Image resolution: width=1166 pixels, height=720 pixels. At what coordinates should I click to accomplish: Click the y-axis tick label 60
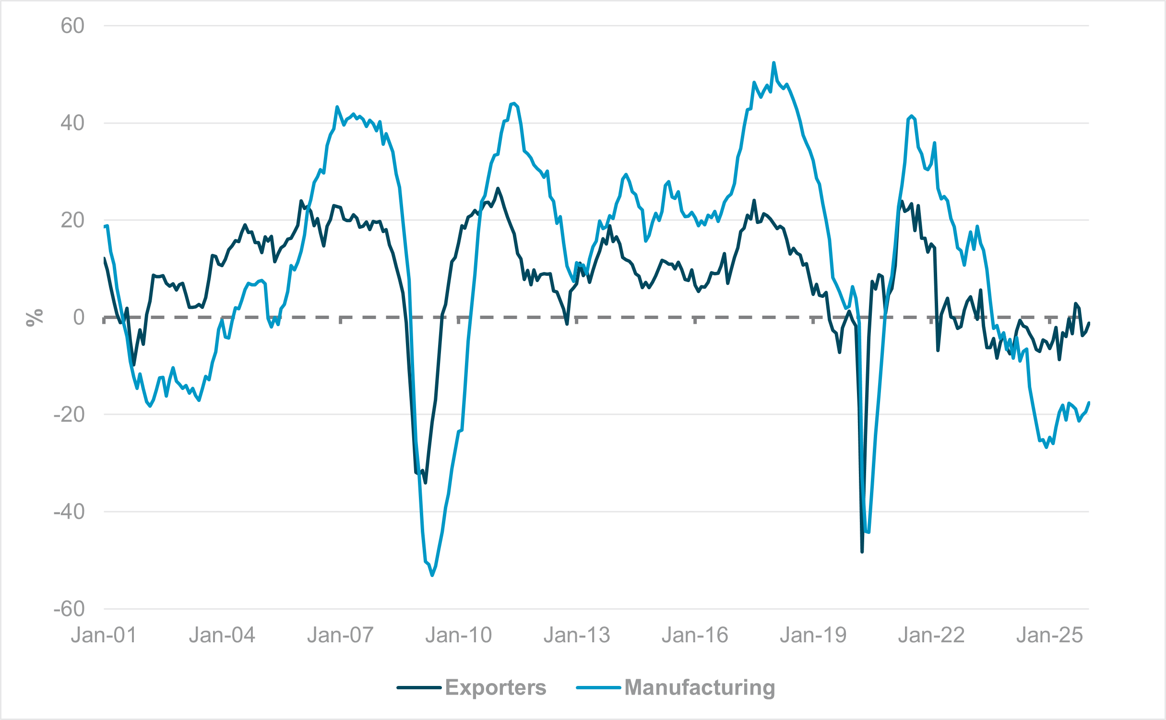click(72, 26)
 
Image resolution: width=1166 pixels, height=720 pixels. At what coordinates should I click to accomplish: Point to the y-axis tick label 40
click(72, 123)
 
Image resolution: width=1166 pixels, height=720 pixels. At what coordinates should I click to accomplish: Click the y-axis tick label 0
click(79, 318)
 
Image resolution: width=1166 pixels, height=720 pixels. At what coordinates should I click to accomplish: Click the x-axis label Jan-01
click(104, 636)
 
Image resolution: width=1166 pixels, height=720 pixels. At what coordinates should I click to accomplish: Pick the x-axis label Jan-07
click(340, 636)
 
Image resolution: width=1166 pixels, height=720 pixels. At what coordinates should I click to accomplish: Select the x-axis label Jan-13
click(577, 636)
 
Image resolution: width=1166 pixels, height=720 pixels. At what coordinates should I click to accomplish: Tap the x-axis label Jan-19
click(813, 636)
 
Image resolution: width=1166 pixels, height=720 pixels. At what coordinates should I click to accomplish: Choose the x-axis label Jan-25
click(1050, 636)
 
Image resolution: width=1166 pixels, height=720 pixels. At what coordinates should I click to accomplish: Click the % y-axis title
click(35, 318)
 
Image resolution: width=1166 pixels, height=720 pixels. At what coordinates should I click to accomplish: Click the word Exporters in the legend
click(495, 687)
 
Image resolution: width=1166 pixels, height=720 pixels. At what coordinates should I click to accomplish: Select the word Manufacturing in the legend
click(700, 687)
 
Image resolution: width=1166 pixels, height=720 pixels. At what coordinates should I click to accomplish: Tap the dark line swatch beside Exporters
click(419, 688)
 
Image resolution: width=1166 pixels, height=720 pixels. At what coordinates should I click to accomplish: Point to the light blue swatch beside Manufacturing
click(598, 688)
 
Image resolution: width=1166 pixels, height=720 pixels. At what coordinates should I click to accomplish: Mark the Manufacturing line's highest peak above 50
click(774, 63)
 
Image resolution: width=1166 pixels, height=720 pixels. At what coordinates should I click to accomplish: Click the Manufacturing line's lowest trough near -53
click(432, 575)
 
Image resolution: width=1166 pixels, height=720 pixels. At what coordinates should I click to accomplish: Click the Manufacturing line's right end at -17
click(1089, 402)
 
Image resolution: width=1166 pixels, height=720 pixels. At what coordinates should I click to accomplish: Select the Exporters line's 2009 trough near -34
click(426, 483)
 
